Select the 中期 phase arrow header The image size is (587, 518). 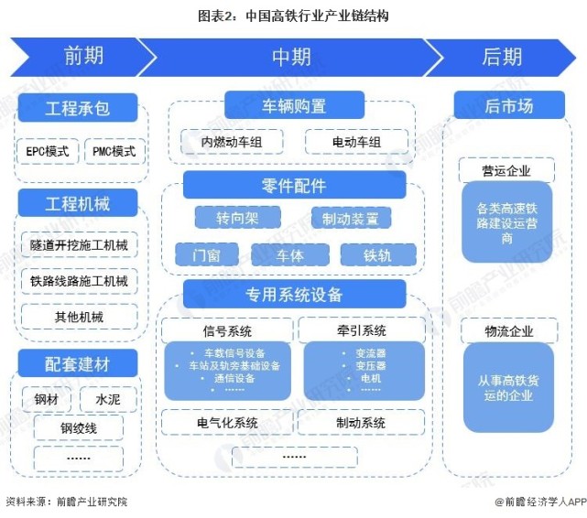(291, 56)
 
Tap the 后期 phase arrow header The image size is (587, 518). (502, 56)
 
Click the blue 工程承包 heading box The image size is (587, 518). (78, 109)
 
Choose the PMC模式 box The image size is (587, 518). (114, 151)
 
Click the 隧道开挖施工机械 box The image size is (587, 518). (78, 244)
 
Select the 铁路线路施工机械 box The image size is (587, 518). (78, 280)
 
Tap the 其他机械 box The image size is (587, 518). (78, 318)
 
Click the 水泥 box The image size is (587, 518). (107, 400)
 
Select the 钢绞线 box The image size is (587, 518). (78, 427)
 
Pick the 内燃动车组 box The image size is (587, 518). (231, 142)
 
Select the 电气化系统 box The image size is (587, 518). (227, 422)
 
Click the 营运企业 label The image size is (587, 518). (506, 171)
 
